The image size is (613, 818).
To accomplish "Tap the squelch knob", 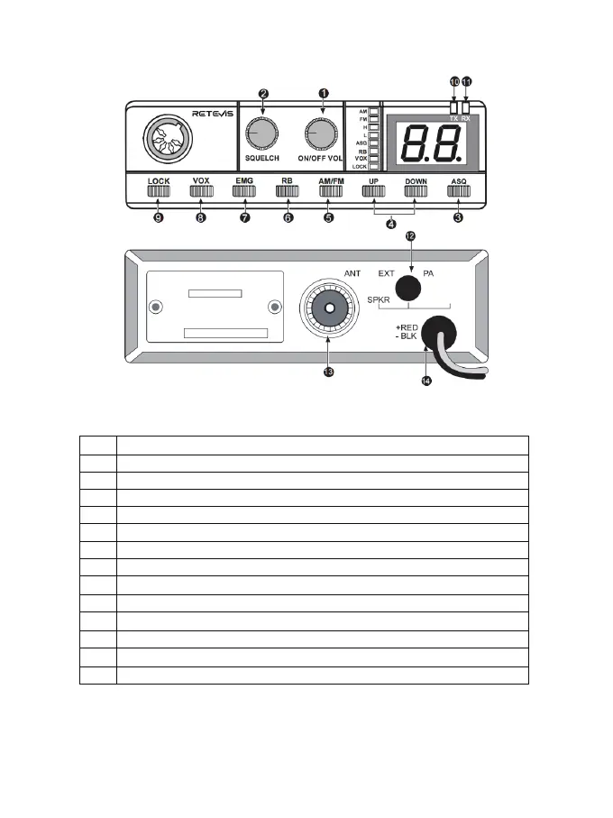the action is [262, 135].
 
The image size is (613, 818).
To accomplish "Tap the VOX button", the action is [200, 191].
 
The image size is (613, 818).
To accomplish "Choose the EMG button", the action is [244, 191].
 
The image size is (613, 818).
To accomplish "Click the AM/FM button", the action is [331, 191].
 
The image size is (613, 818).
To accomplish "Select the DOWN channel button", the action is [416, 191].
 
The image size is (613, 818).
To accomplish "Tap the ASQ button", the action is [458, 191].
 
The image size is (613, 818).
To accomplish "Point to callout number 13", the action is [328, 372].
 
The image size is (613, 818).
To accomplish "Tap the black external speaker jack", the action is [410, 288].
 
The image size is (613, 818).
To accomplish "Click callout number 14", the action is [426, 381].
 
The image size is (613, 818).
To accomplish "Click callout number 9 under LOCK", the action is [158, 217].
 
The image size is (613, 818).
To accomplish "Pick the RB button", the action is [287, 191].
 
